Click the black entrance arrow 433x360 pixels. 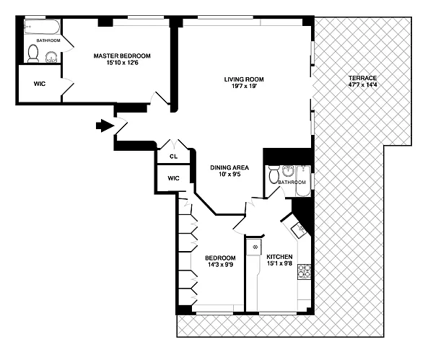[105, 126]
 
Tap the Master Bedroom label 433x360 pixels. [122, 56]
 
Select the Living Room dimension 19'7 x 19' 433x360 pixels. [244, 86]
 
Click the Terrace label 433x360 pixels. [362, 78]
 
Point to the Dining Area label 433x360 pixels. [229, 167]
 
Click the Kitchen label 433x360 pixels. [279, 257]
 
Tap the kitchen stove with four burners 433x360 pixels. [304, 271]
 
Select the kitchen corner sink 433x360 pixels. [299, 229]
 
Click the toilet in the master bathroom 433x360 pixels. [33, 53]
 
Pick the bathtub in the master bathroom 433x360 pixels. [42, 27]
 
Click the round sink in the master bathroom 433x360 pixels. [51, 57]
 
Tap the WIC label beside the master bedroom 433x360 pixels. [40, 84]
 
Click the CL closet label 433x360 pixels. [173, 157]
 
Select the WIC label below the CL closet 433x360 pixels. [173, 178]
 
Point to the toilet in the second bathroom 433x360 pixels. [274, 174]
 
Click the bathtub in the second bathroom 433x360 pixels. [303, 181]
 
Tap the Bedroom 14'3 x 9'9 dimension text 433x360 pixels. [221, 265]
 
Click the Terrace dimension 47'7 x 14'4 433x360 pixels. [362, 84]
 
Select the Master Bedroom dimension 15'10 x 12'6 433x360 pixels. [123, 63]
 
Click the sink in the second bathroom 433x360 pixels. [288, 172]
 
